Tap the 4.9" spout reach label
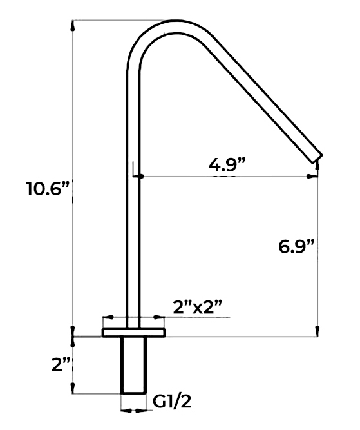(228, 164)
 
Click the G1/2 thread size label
(172, 402)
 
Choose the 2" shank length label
(61, 364)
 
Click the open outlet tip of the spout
(317, 157)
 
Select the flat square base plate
(133, 332)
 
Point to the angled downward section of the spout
(258, 97)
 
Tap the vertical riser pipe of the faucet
(133, 193)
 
